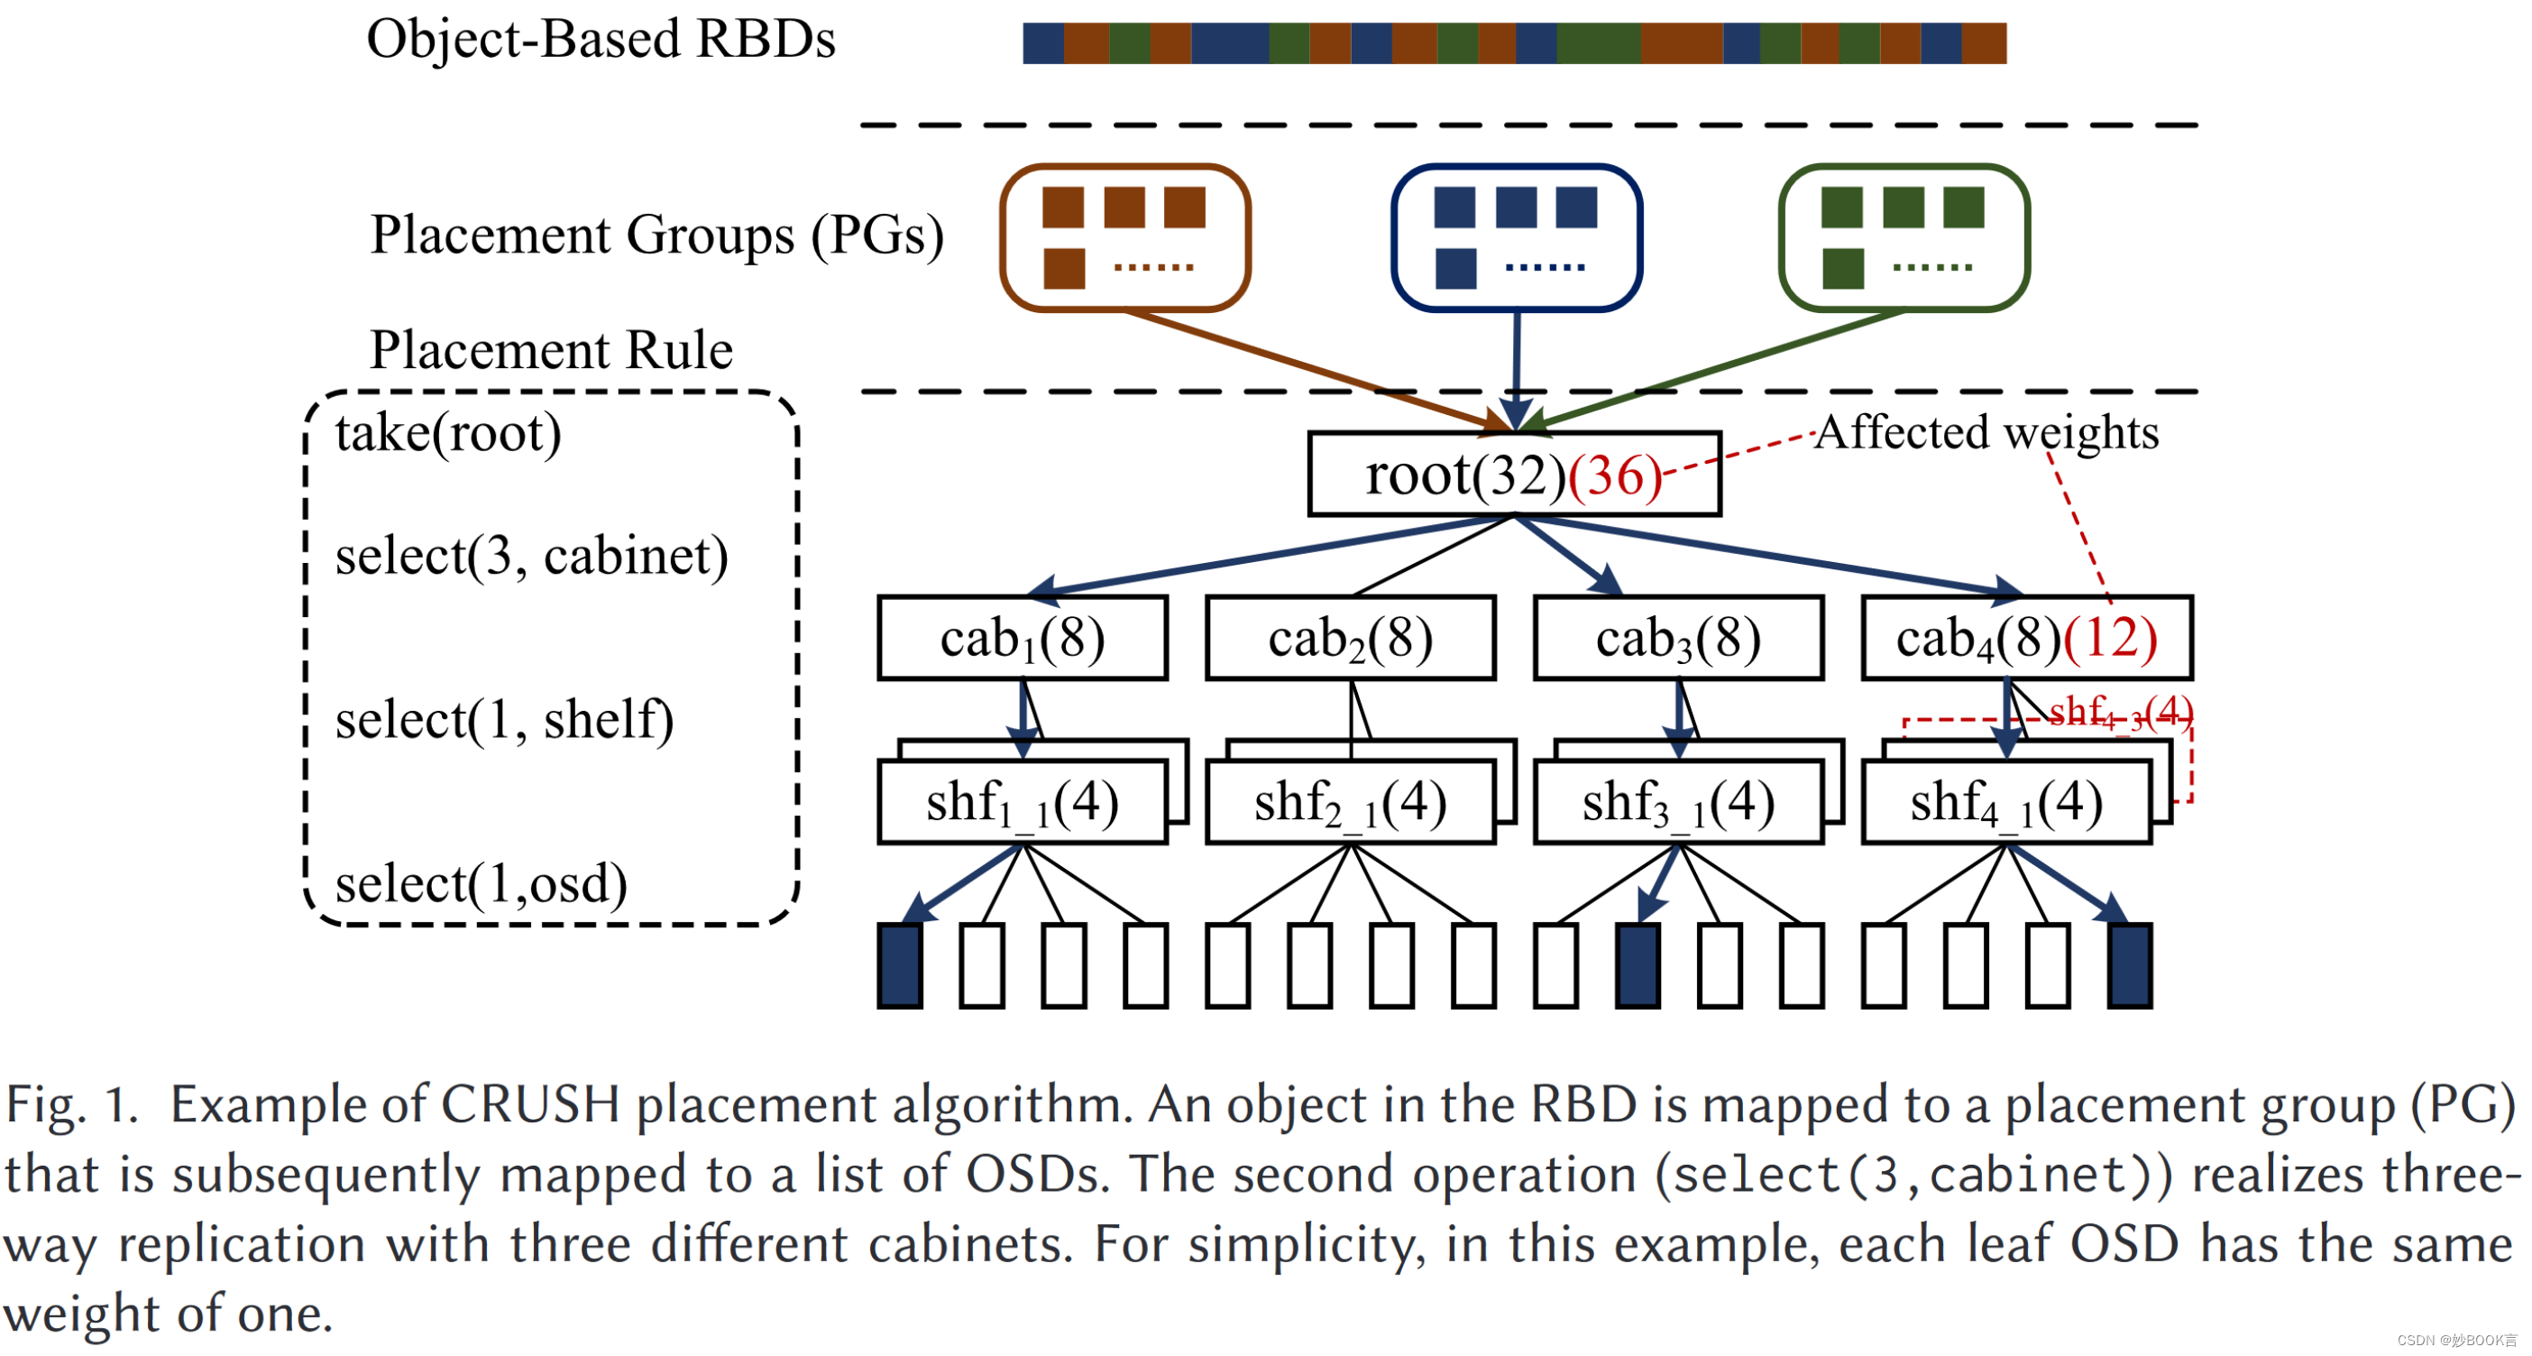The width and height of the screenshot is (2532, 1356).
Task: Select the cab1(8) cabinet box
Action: click(1023, 638)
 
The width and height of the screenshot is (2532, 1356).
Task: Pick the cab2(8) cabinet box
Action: click(1351, 638)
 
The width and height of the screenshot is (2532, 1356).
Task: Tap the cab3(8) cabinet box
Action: click(1678, 638)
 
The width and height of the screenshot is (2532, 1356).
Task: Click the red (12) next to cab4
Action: click(2109, 638)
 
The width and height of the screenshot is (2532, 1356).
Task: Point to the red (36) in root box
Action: click(1614, 477)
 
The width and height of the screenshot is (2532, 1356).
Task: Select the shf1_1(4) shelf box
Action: click(1023, 802)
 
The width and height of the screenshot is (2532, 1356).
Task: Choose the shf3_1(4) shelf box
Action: click(1678, 802)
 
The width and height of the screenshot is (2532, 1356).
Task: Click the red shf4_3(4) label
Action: click(2120, 711)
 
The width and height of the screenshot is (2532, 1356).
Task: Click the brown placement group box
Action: click(1124, 237)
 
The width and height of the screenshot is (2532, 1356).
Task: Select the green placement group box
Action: click(1904, 237)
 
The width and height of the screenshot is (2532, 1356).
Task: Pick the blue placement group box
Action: click(1516, 237)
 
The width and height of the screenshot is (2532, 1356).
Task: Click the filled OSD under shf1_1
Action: click(899, 964)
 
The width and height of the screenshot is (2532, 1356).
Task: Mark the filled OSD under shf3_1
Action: click(1638, 964)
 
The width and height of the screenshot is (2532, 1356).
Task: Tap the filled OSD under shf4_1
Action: click(2129, 964)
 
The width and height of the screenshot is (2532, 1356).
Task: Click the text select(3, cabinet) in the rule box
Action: click(532, 557)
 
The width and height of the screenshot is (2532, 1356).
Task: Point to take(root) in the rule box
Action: click(448, 434)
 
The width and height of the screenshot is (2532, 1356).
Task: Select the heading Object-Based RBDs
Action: click(601, 40)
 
